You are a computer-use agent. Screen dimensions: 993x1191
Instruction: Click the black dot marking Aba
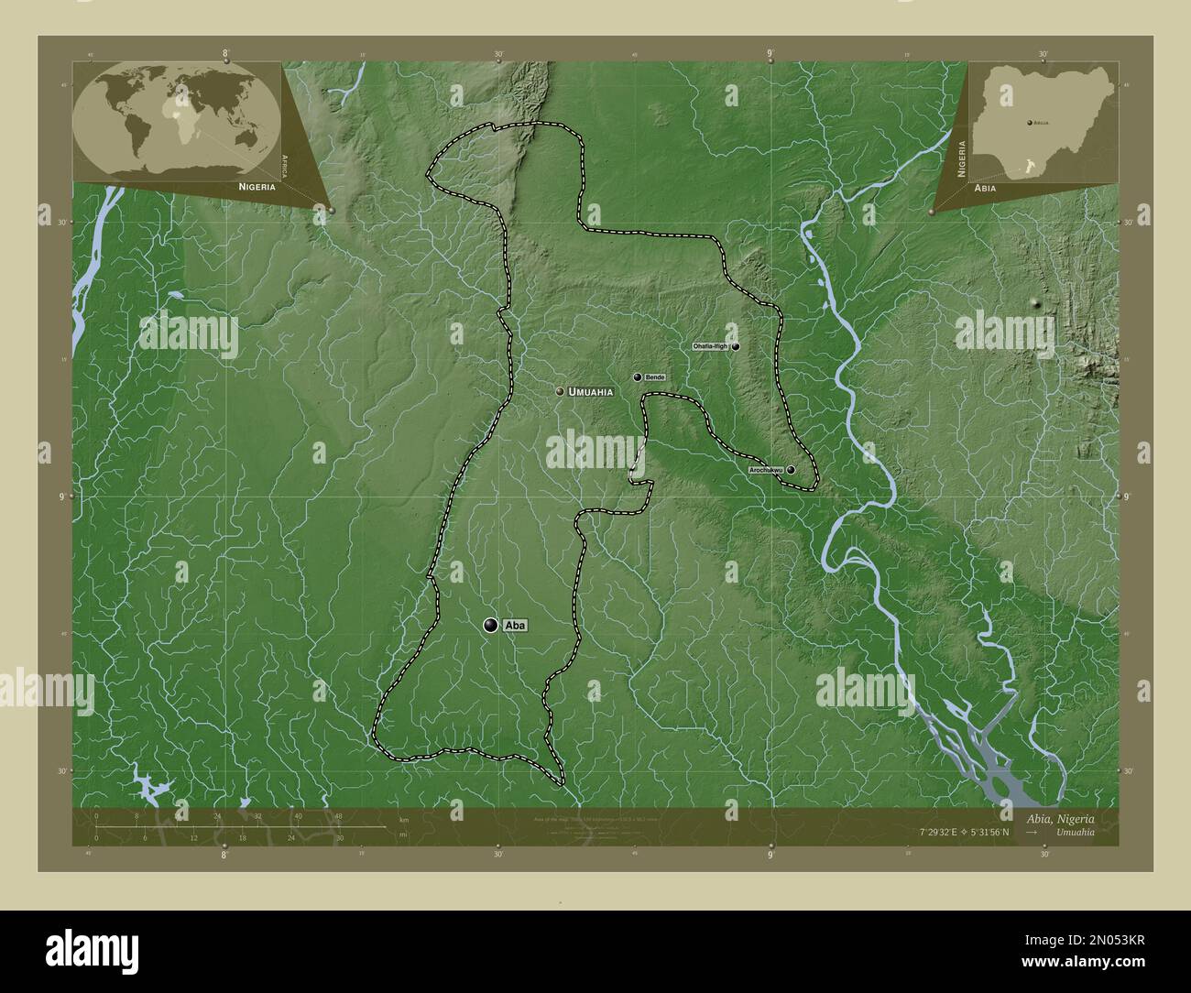point(492,625)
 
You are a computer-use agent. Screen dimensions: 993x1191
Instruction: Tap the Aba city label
point(516,625)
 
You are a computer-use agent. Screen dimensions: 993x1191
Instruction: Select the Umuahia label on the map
point(590,391)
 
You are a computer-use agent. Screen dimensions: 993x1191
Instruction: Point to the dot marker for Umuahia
point(560,391)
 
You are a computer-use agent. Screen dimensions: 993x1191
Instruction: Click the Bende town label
point(654,377)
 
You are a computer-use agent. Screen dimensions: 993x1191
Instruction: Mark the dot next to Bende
point(638,376)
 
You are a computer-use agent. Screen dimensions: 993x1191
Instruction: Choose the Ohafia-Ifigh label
point(710,347)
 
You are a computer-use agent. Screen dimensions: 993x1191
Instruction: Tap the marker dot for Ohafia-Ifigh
point(736,347)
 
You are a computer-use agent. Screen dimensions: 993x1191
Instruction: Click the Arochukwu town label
point(765,470)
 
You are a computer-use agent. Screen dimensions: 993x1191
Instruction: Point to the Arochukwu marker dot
point(791,470)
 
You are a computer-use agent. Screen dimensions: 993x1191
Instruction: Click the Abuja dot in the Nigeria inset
point(1029,121)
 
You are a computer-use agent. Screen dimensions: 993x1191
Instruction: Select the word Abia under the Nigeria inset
point(986,187)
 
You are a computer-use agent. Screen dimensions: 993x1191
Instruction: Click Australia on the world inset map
point(245,137)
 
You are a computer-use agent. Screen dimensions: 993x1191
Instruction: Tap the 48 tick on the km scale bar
point(339,815)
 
